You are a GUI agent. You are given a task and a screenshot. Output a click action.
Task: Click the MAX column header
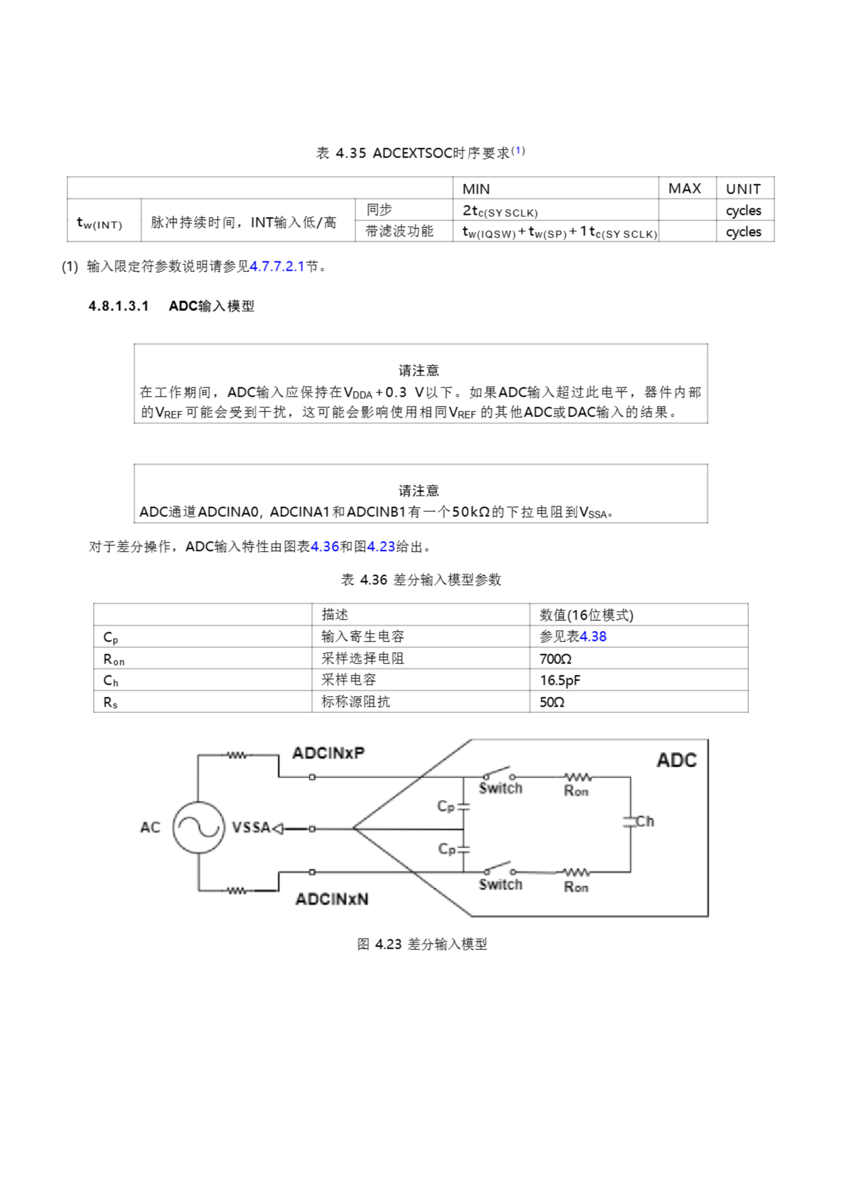684,188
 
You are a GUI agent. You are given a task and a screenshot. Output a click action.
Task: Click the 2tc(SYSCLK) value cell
500,211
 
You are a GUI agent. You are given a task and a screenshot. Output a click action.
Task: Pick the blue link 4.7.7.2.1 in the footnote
276,267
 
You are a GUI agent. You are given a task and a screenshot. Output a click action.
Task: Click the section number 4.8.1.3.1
119,306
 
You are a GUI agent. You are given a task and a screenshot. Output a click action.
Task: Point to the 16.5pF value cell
560,680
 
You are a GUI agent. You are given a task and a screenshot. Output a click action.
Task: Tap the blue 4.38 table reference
593,636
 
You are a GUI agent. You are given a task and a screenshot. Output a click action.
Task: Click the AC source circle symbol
198,827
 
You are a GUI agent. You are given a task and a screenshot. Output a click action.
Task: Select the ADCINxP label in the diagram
328,753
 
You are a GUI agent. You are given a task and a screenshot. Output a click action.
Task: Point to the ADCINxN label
332,899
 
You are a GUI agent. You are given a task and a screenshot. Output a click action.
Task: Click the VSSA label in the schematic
251,827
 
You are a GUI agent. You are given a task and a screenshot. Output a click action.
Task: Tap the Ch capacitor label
645,822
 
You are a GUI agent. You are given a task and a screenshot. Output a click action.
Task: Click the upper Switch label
500,789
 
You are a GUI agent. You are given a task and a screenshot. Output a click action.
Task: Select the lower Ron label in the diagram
576,887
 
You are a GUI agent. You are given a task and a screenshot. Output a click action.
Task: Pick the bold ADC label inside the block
676,761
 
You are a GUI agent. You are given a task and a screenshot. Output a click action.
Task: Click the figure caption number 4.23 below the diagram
388,944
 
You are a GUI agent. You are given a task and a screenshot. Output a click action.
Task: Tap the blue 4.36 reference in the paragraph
324,547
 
